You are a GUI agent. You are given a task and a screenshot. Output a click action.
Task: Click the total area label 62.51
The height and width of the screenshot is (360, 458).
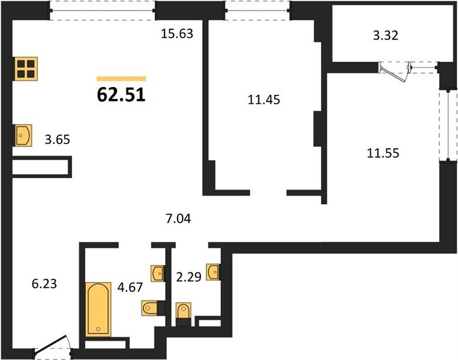(121, 95)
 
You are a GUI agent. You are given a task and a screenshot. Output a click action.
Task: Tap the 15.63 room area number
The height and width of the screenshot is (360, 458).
(177, 34)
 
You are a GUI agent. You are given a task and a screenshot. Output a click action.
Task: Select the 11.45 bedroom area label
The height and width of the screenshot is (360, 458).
(264, 100)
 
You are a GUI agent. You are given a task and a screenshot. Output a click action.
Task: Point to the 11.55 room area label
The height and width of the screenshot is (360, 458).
(383, 153)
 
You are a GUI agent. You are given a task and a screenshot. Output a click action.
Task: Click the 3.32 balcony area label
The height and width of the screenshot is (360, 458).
(385, 35)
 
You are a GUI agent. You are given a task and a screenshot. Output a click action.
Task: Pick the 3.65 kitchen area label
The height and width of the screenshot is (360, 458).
(57, 140)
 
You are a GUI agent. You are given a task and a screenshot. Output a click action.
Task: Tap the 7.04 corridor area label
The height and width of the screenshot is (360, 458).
(178, 218)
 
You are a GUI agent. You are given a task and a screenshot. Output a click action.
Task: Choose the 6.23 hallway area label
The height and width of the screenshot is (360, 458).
(44, 284)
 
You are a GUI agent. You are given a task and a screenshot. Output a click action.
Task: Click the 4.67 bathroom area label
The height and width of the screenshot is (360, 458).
(130, 287)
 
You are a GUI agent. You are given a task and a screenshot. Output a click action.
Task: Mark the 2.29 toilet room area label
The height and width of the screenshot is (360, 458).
(188, 277)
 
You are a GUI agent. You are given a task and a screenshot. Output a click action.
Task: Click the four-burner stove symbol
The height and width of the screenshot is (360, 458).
(26, 69)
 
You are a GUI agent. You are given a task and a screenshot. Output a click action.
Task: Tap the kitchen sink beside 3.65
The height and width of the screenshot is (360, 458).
(22, 135)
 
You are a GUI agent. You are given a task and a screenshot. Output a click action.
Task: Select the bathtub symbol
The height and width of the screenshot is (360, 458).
(98, 309)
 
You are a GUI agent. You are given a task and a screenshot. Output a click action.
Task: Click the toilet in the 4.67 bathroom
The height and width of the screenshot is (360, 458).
(151, 308)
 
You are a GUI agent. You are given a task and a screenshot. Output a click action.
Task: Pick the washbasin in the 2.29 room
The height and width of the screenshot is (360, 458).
(213, 272)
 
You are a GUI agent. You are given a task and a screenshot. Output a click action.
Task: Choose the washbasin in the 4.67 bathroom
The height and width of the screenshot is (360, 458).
(158, 274)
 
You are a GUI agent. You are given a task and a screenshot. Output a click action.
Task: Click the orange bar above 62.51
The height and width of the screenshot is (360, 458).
(121, 79)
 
